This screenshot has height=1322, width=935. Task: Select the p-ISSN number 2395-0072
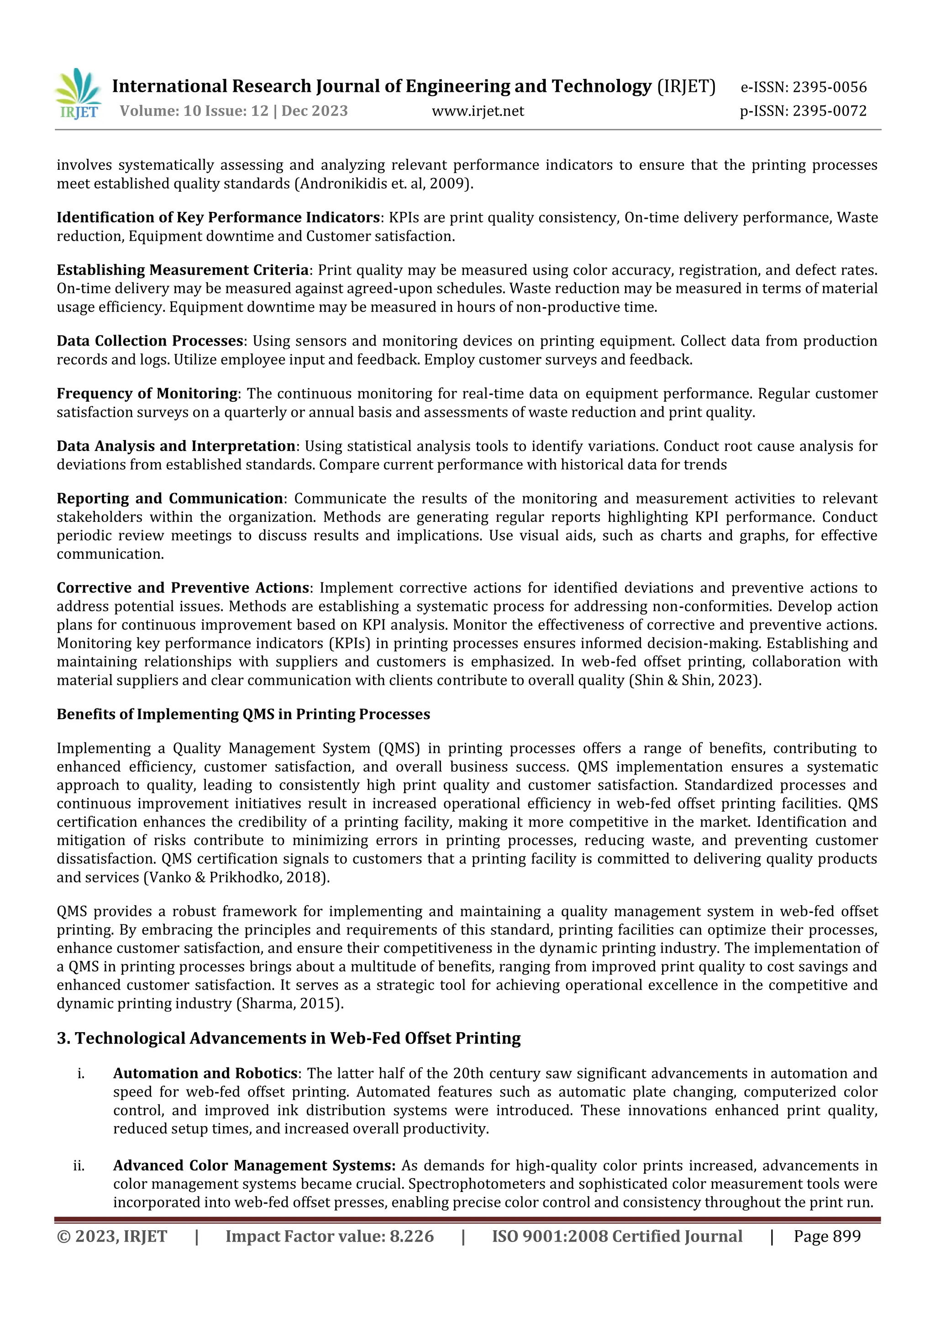click(829, 111)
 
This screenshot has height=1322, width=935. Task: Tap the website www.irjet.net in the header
click(478, 111)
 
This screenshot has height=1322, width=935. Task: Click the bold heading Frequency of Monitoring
click(147, 394)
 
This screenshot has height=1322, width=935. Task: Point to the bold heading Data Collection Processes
click(150, 341)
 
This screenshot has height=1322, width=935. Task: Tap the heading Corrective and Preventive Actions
click(183, 588)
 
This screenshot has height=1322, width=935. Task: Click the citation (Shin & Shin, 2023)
click(695, 681)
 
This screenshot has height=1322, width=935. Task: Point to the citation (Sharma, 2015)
click(289, 1003)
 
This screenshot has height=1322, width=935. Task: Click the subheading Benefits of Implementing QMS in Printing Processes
click(243, 714)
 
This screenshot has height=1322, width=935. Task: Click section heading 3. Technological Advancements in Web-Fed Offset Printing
click(289, 1038)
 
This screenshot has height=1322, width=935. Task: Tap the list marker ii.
click(79, 1166)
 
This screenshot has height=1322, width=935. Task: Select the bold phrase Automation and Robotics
click(205, 1074)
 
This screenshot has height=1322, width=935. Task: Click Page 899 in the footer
click(827, 1236)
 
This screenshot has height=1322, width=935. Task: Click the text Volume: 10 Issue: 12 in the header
click(194, 111)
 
